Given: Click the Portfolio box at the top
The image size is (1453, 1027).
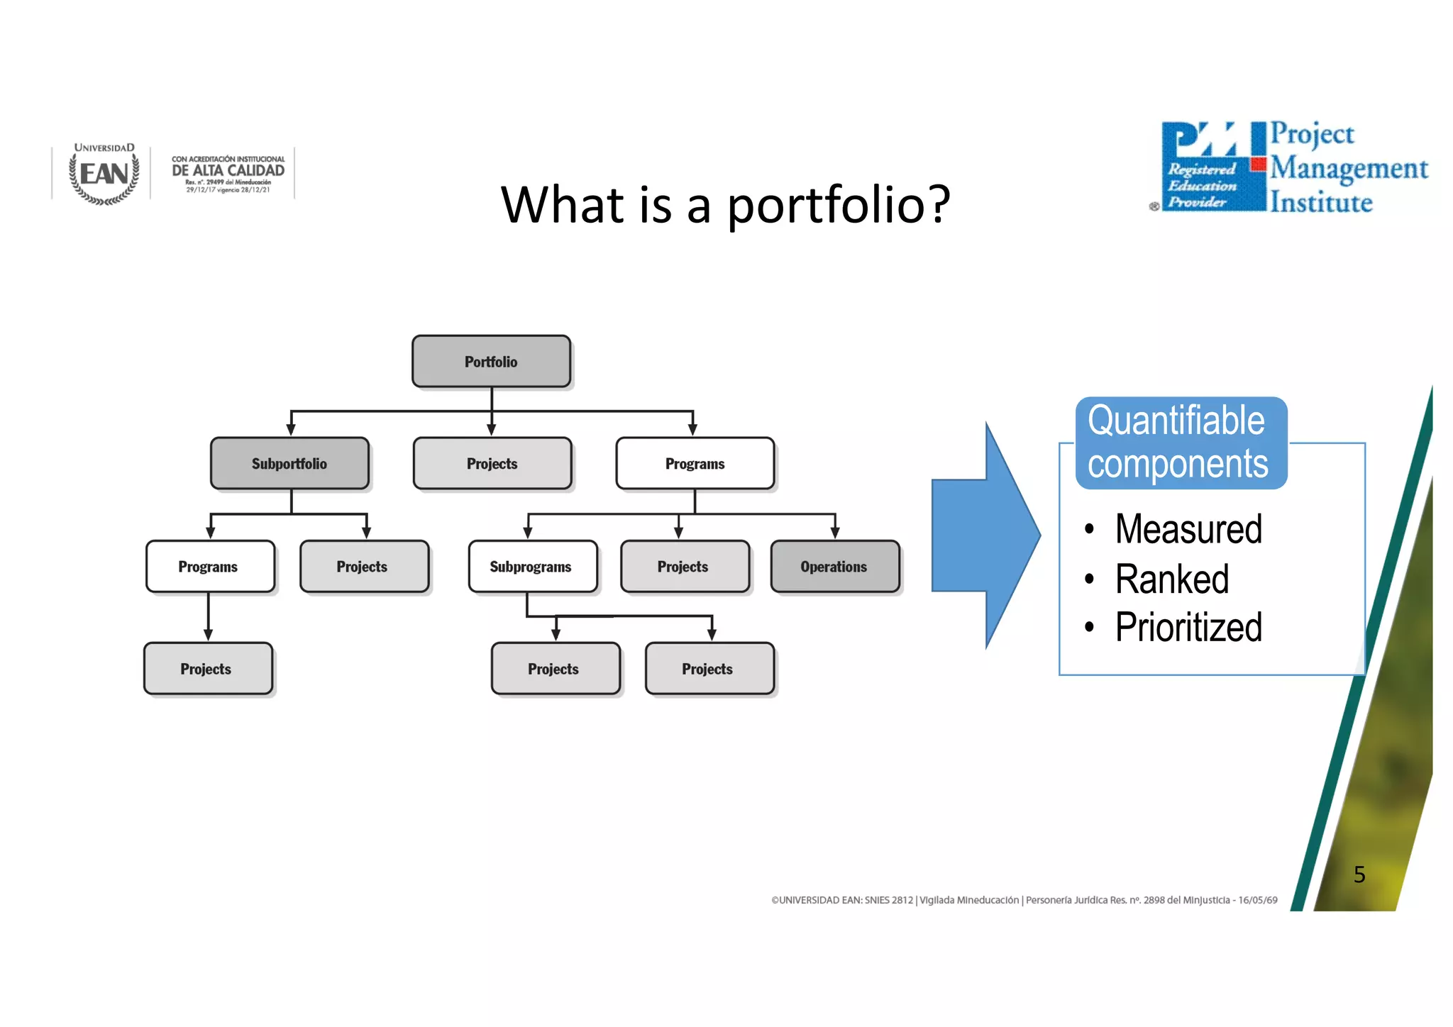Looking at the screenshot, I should (x=491, y=362).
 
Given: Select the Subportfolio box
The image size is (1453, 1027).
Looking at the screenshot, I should (x=289, y=464).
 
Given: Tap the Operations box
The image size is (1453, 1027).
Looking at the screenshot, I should (x=834, y=567).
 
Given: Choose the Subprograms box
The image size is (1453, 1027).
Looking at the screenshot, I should (x=531, y=567).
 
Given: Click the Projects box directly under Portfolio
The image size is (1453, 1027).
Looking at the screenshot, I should (x=492, y=464).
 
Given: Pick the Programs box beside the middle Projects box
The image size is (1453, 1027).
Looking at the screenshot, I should (x=695, y=464).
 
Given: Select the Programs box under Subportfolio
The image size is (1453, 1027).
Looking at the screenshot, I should (x=209, y=567).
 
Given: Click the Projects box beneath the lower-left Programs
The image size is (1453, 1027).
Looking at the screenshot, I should (x=207, y=669).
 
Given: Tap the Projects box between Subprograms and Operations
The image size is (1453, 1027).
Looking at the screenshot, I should (x=683, y=567).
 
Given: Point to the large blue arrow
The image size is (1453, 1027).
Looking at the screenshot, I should (x=986, y=536).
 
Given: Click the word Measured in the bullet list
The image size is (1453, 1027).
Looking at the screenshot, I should (x=1188, y=529).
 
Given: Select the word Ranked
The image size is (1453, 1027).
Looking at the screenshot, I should (x=1171, y=579).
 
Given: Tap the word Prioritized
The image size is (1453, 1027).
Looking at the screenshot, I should (x=1188, y=628).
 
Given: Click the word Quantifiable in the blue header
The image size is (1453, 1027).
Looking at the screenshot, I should (x=1176, y=421).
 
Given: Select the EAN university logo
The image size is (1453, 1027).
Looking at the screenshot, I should (x=104, y=174).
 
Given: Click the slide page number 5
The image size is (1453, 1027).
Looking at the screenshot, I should (x=1359, y=875).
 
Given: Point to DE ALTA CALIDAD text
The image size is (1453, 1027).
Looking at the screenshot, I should (x=228, y=170).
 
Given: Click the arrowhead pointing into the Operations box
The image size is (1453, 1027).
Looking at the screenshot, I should (x=835, y=533).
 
